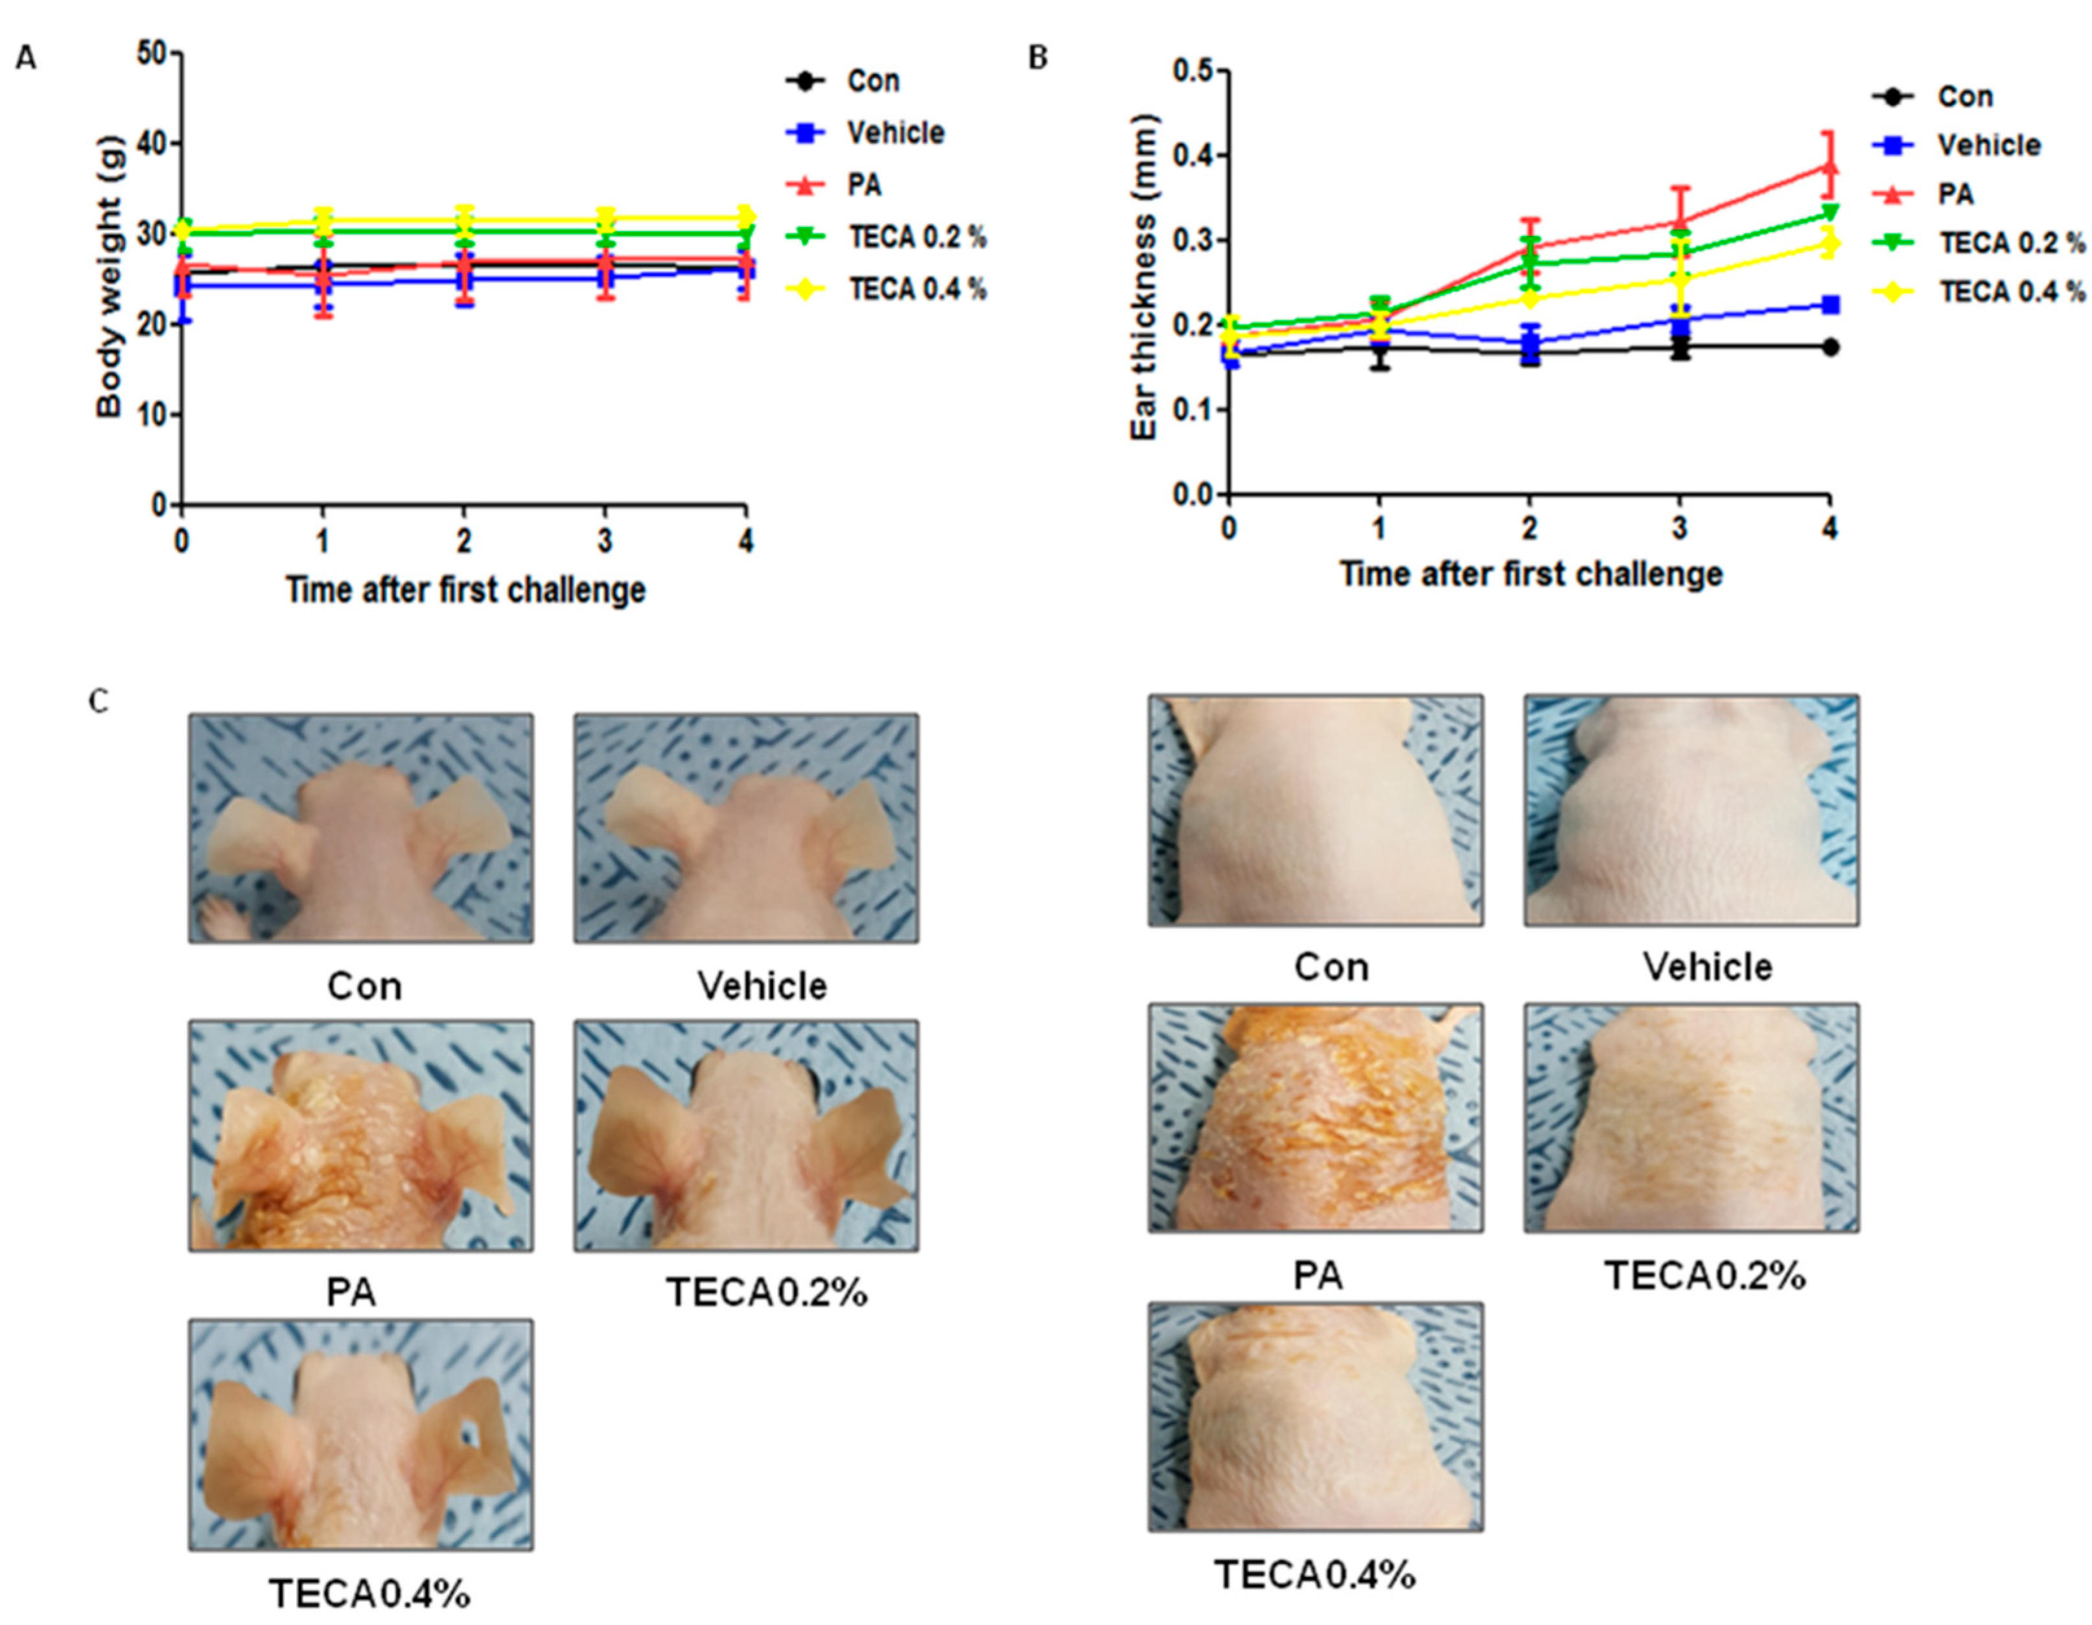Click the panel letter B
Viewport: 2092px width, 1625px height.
click(x=1038, y=58)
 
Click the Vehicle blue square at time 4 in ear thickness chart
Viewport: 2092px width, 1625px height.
click(x=1830, y=305)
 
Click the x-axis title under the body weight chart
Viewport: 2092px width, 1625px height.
click(x=465, y=589)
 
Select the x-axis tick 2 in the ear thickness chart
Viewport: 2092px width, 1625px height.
click(x=1529, y=528)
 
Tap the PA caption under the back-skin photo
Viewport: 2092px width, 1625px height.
click(x=1318, y=1275)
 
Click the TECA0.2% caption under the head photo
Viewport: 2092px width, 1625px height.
click(x=766, y=1292)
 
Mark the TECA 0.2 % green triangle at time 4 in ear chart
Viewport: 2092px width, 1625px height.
click(x=1829, y=213)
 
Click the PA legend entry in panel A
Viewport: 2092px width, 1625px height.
click(x=863, y=185)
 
